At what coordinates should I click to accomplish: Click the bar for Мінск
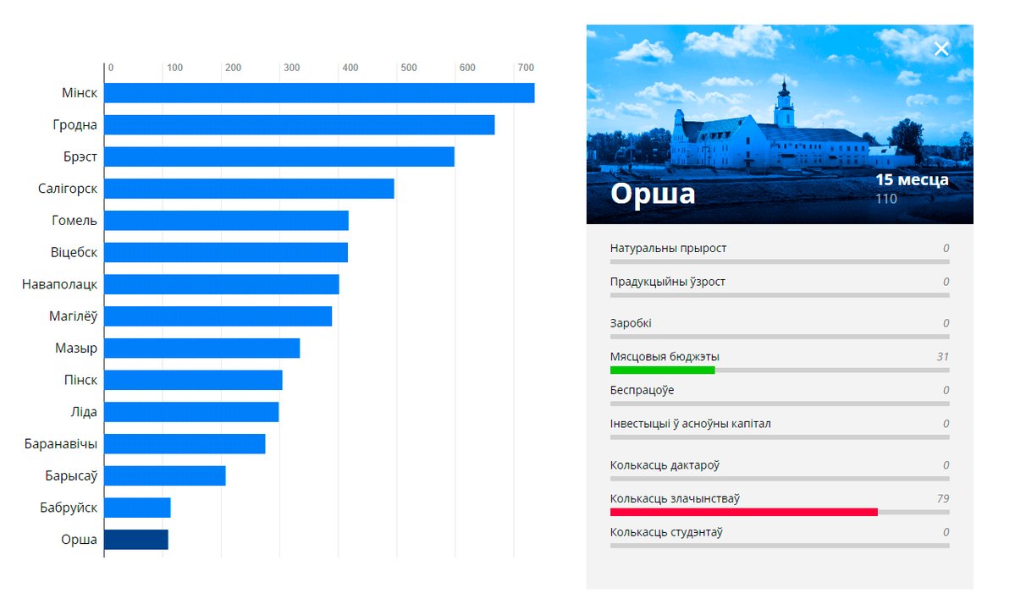pyautogui.click(x=319, y=93)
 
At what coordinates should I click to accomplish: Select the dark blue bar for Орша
pyautogui.click(x=136, y=540)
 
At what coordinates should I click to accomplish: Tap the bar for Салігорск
pyautogui.click(x=249, y=189)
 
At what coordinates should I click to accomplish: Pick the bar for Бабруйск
pyautogui.click(x=137, y=508)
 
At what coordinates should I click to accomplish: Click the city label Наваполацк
pyautogui.click(x=59, y=284)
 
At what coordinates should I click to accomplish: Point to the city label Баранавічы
pyautogui.click(x=61, y=444)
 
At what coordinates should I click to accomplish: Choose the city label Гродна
pyautogui.click(x=74, y=125)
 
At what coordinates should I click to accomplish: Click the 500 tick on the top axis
pyautogui.click(x=409, y=68)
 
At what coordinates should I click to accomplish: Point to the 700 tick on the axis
pyautogui.click(x=526, y=68)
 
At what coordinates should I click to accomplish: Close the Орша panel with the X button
pyautogui.click(x=941, y=49)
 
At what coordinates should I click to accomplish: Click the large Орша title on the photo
pyautogui.click(x=653, y=194)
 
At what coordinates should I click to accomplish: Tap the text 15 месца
pyautogui.click(x=912, y=180)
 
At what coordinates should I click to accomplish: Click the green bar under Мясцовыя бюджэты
pyautogui.click(x=662, y=370)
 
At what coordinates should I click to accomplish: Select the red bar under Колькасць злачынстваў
pyautogui.click(x=743, y=512)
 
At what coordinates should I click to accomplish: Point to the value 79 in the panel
pyautogui.click(x=942, y=498)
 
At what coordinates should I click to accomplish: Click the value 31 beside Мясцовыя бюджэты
pyautogui.click(x=942, y=357)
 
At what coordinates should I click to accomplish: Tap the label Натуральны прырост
pyautogui.click(x=668, y=249)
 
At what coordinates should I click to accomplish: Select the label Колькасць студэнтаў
pyautogui.click(x=666, y=533)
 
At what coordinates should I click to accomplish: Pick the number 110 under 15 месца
pyautogui.click(x=886, y=199)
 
